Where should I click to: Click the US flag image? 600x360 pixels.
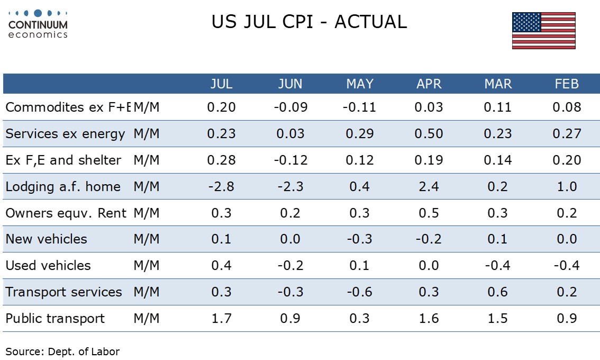544,31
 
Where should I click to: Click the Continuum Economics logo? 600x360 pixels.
38,24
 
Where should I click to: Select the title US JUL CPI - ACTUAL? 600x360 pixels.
309,22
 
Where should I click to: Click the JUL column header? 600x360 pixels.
221,84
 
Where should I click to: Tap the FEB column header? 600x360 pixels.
567,84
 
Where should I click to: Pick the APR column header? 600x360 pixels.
429,84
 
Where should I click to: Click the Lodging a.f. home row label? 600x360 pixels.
63,186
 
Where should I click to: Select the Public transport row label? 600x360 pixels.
54,319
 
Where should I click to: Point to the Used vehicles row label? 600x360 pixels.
48,265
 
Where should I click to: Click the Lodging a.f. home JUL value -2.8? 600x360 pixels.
221,186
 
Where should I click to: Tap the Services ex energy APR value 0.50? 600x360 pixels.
429,133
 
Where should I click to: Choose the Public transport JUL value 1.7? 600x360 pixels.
221,319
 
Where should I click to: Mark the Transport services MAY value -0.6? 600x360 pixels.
359,292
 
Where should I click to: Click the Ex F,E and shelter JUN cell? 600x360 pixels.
290,160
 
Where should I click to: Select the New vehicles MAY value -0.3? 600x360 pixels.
359,239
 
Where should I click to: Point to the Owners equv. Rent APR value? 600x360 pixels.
429,213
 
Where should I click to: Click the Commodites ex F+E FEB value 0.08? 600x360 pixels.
567,107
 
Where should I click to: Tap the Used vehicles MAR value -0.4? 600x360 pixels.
497,265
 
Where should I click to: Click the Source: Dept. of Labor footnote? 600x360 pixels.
62,352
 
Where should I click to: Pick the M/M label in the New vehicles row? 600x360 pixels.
146,239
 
